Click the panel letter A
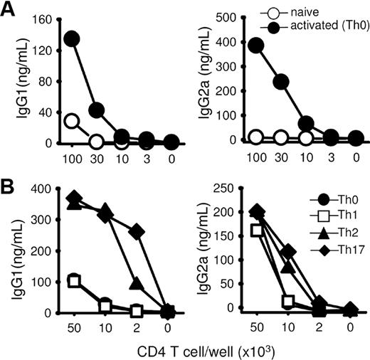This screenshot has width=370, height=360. pos(10,10)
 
